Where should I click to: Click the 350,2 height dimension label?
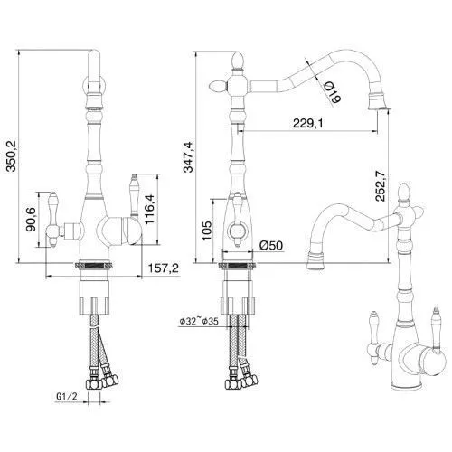(13, 155)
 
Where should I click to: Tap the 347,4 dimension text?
(189, 156)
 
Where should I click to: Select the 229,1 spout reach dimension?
(307, 123)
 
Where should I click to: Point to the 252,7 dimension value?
(381, 185)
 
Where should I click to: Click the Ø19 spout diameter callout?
(333, 92)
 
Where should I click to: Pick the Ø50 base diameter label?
(271, 245)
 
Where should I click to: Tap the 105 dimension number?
(207, 231)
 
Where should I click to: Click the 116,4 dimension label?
(150, 209)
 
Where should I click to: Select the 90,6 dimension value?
(31, 220)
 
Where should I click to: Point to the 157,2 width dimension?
(164, 268)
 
